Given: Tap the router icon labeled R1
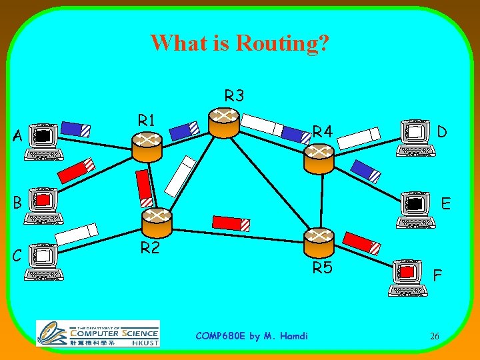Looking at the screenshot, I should pos(147,146).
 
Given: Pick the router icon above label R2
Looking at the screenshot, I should pos(157,221).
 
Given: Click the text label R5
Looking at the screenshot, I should pos(323,269).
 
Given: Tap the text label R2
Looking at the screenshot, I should pos(149,249).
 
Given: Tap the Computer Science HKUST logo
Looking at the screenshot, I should pos(98,333).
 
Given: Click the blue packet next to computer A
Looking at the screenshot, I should pos(75,128).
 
